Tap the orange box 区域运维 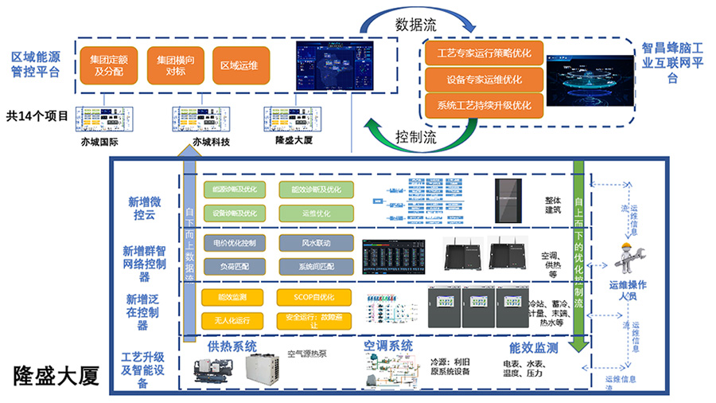[240, 65]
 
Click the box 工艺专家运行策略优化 [484, 55]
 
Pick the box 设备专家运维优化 [484, 80]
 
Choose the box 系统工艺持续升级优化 [484, 105]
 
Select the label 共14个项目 [37, 115]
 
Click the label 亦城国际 [99, 143]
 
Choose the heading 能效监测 [533, 349]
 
